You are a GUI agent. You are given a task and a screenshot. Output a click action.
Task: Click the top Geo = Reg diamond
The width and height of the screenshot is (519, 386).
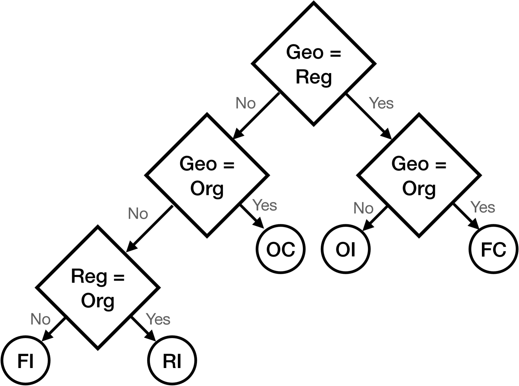[313, 64]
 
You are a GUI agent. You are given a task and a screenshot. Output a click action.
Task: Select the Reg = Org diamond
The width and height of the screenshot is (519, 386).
[98, 287]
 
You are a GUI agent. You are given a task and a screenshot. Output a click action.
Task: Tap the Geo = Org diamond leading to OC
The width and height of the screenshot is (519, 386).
[207, 175]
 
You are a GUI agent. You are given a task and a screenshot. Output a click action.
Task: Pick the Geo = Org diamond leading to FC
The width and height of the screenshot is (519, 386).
[419, 175]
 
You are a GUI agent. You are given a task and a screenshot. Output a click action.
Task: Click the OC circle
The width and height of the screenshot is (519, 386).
[280, 249]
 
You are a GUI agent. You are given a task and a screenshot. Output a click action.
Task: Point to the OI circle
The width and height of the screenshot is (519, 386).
[346, 249]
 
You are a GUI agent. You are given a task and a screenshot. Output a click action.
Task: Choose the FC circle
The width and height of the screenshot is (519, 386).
[493, 249]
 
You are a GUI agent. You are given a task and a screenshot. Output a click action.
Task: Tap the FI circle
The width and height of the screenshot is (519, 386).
[25, 361]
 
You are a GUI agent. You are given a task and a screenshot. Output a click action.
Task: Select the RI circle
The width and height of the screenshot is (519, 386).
[172, 361]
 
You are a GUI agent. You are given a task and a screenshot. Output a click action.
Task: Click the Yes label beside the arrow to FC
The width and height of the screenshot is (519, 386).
[483, 207]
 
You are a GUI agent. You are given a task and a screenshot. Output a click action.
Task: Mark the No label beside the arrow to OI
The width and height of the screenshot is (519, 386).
[363, 208]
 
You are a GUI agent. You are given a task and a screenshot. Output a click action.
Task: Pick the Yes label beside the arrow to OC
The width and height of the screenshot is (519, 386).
[265, 205]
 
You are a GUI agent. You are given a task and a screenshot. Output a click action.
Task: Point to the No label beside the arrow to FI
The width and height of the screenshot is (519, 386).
[40, 319]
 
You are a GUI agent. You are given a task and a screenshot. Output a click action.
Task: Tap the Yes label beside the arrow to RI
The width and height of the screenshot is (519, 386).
[158, 319]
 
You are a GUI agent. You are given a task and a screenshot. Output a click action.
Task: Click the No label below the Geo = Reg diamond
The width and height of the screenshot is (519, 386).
[246, 103]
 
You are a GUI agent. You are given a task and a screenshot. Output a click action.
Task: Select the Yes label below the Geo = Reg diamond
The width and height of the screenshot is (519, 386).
[381, 103]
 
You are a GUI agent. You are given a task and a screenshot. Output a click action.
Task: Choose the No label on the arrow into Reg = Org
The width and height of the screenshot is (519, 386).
[138, 214]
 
